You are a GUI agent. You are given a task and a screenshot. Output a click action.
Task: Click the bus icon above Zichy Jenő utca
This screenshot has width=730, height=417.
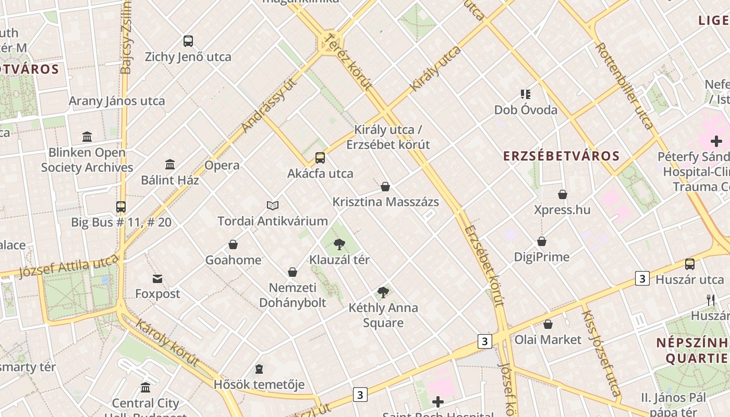click(x=188, y=41)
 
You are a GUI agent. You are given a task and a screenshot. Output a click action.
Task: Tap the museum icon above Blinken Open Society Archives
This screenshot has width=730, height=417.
click(x=87, y=137)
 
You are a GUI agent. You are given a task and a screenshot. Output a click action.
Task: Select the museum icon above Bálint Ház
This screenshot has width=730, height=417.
click(x=170, y=165)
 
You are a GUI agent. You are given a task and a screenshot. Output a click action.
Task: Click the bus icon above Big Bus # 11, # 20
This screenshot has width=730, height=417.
click(x=121, y=207)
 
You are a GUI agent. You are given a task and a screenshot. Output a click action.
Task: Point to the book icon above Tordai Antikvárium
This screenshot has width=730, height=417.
click(x=273, y=205)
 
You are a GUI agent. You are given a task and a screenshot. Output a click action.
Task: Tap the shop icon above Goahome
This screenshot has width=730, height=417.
click(x=233, y=244)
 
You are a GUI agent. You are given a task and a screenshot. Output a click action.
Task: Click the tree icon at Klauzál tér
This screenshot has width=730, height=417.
click(x=339, y=244)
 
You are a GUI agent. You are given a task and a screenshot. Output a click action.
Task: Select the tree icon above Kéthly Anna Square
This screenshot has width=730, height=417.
click(x=383, y=292)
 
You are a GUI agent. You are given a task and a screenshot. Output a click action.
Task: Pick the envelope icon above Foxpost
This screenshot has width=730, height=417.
click(x=157, y=279)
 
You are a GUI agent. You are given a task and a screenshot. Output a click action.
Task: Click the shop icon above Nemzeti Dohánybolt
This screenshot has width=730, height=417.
click(x=293, y=272)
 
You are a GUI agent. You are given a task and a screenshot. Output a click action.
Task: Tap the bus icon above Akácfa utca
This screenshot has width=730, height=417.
click(x=320, y=158)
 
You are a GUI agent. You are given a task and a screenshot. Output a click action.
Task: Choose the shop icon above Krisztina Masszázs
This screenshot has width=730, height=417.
click(x=385, y=187)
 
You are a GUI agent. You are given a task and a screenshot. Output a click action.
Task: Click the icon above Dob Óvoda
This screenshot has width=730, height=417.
click(x=526, y=94)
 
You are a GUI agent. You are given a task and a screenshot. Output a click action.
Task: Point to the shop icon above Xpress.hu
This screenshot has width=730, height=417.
click(x=563, y=194)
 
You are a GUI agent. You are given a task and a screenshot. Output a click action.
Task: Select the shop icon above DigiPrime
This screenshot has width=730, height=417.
click(x=542, y=241)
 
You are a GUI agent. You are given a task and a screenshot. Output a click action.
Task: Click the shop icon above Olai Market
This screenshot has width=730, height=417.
click(x=547, y=324)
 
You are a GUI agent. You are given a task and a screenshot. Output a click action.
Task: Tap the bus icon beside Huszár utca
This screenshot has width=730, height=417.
click(x=690, y=264)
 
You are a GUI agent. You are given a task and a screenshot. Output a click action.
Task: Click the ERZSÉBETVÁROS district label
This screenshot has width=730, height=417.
click(x=561, y=156)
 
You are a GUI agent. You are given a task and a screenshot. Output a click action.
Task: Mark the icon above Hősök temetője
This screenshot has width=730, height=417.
click(x=259, y=370)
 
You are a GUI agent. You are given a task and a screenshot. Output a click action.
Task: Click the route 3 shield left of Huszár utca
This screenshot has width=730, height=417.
click(x=642, y=278)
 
